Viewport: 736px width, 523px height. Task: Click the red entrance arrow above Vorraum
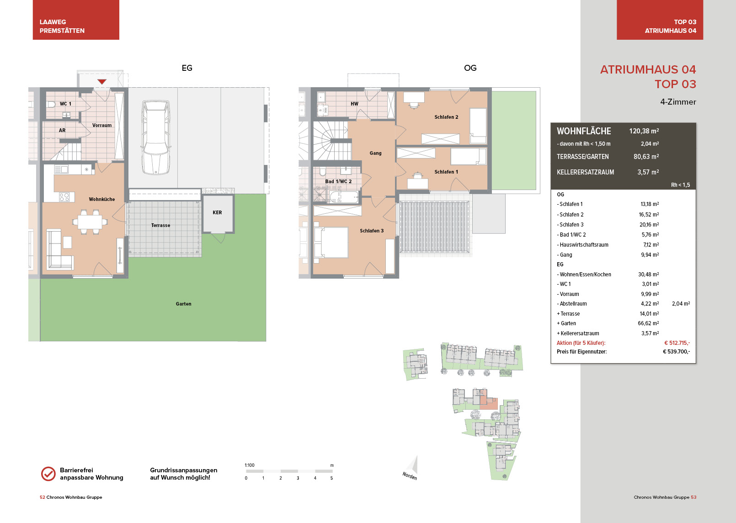tap(102, 81)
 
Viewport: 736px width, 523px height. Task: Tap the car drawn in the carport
tap(156, 137)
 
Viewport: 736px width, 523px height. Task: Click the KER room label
tap(217, 212)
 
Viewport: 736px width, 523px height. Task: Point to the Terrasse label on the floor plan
tap(160, 225)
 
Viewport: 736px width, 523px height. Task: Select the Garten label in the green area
tap(183, 304)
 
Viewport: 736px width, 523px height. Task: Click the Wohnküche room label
tap(102, 199)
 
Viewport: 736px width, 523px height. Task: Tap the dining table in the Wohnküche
tap(90, 222)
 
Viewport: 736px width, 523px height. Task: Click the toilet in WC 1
tap(51, 105)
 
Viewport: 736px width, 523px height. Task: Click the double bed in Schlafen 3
tap(331, 242)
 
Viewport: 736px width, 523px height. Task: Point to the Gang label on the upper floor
tap(376, 153)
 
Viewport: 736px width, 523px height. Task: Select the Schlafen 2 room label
tap(446, 117)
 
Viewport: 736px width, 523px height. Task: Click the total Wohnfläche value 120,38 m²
tap(644, 131)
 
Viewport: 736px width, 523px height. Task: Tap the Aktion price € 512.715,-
tap(677, 343)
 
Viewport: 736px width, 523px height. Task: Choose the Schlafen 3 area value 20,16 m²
tap(649, 225)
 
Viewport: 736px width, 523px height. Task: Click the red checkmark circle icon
tap(48, 474)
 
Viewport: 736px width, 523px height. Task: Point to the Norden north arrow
tap(411, 468)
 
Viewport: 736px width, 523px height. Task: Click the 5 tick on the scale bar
tap(331, 478)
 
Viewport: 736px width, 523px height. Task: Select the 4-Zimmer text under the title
tap(678, 102)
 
